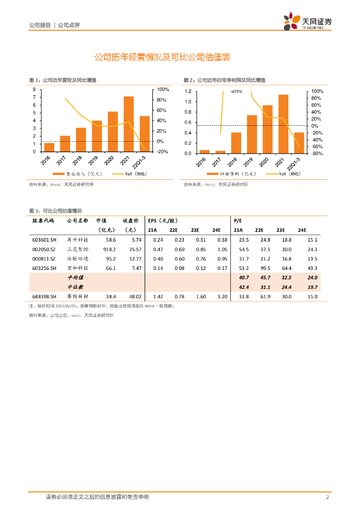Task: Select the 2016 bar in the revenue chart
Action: click(49, 147)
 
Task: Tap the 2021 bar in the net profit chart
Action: click(283, 124)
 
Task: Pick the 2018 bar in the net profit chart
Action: click(236, 143)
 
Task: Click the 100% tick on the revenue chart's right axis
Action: click(164, 89)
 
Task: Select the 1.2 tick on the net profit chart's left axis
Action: click(188, 91)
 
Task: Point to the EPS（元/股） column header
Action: click(163, 220)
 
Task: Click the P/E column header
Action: click(237, 220)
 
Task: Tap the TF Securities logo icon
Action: click(292, 22)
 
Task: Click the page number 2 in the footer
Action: click(328, 497)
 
